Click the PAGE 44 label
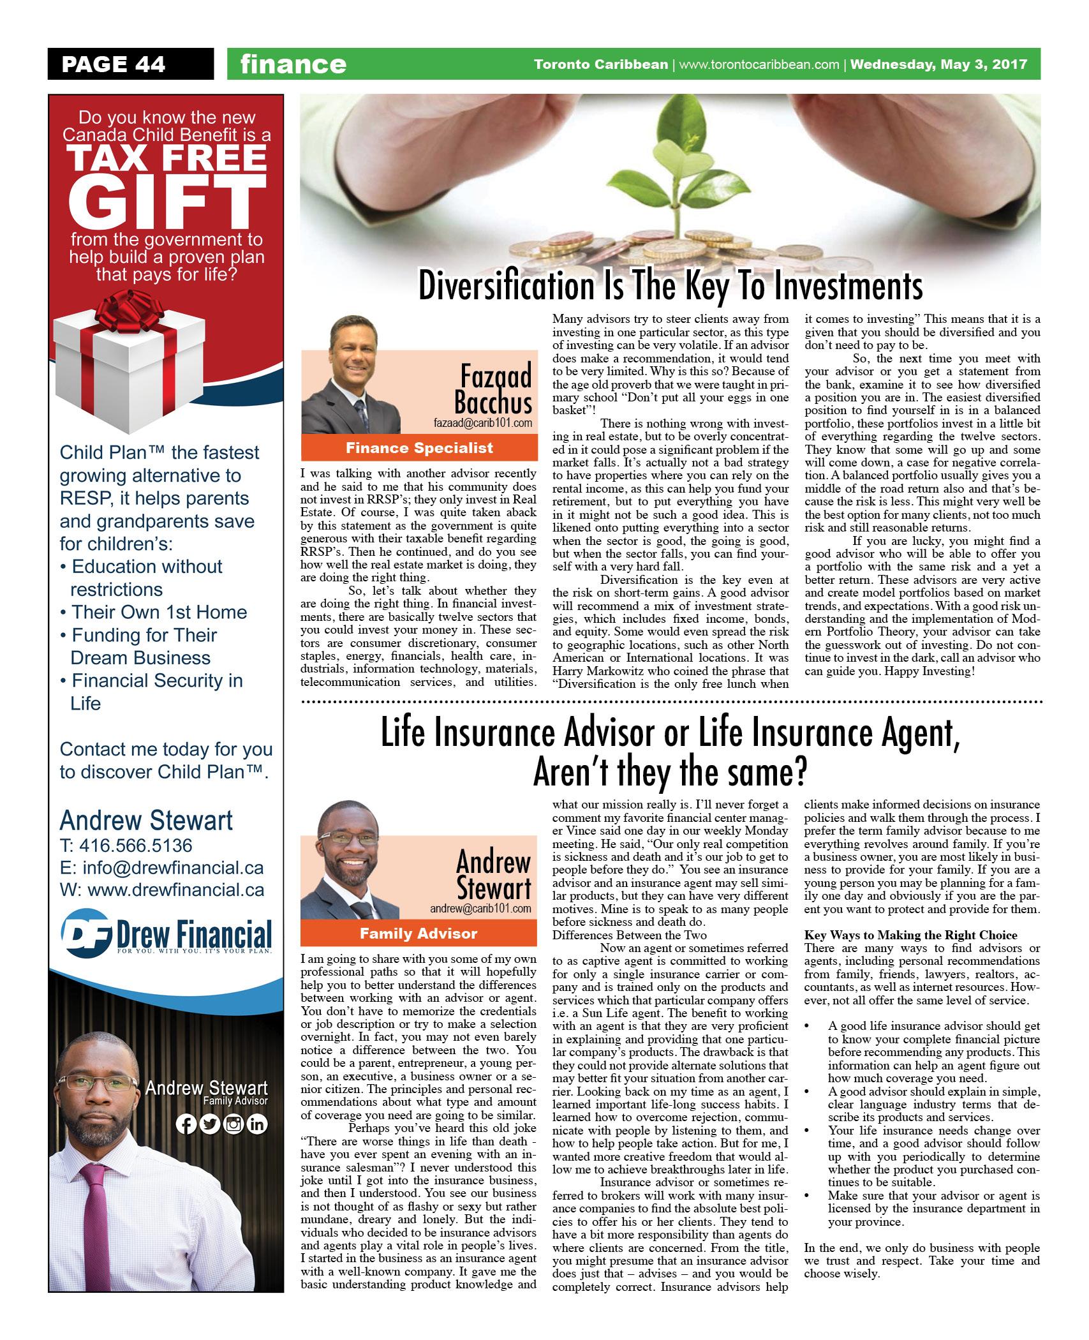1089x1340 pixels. (x=114, y=64)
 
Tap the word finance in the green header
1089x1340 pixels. (x=293, y=64)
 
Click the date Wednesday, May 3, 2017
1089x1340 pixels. (x=939, y=64)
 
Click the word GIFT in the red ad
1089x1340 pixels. (x=167, y=202)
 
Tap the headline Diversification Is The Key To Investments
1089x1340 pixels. (x=670, y=287)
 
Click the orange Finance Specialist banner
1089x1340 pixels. (x=419, y=448)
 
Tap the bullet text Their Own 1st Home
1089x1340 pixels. (x=159, y=612)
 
